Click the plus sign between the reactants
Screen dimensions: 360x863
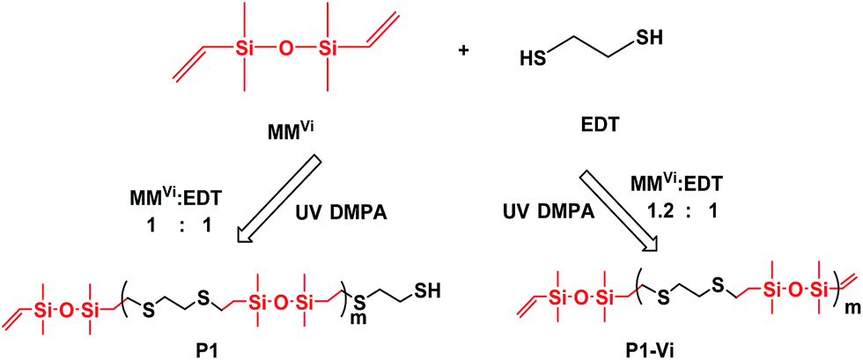pyautogui.click(x=464, y=52)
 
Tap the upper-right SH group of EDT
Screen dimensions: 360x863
pyautogui.click(x=648, y=39)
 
